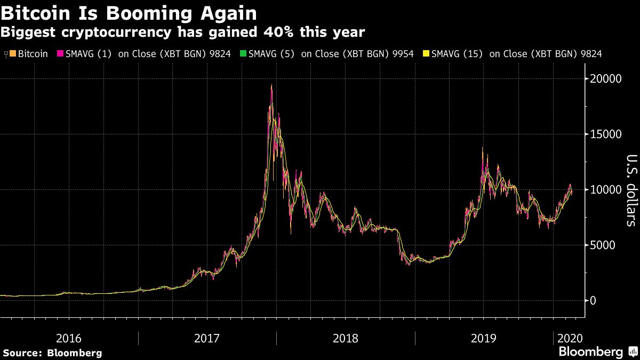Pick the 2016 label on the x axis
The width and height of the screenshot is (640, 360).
click(69, 338)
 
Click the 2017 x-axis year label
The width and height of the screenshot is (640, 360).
click(207, 338)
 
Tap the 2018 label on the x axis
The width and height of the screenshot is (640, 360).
click(346, 338)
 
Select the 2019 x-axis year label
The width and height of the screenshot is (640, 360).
click(484, 338)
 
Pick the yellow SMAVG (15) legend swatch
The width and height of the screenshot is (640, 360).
click(426, 54)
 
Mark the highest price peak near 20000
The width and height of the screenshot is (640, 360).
click(271, 85)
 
